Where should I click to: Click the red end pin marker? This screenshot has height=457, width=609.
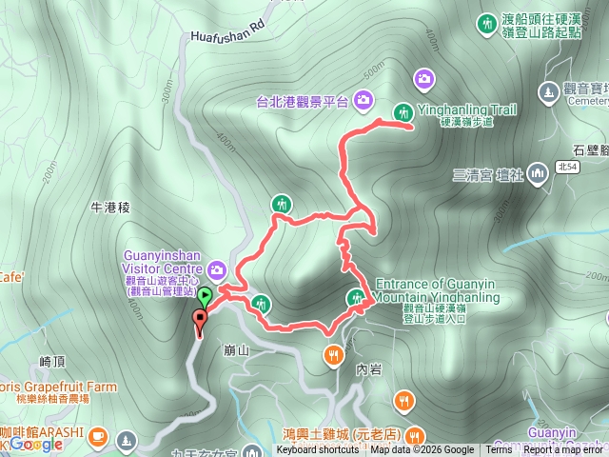pyautogui.click(x=200, y=321)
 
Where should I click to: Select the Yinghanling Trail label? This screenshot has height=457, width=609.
pyautogui.click(x=479, y=109)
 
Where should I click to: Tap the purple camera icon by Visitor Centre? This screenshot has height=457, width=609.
pyautogui.click(x=219, y=271)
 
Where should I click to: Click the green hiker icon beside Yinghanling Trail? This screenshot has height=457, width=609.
pyautogui.click(x=403, y=111)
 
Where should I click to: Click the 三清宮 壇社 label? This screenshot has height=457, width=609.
pyautogui.click(x=489, y=174)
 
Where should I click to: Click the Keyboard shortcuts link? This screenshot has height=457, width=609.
pyautogui.click(x=318, y=450)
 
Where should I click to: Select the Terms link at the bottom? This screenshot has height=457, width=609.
pyautogui.click(x=499, y=450)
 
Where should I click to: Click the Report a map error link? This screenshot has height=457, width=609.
pyautogui.click(x=564, y=450)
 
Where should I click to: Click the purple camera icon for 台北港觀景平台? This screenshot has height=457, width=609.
pyautogui.click(x=363, y=98)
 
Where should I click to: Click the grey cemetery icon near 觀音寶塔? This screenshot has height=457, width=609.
pyautogui.click(x=547, y=91)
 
